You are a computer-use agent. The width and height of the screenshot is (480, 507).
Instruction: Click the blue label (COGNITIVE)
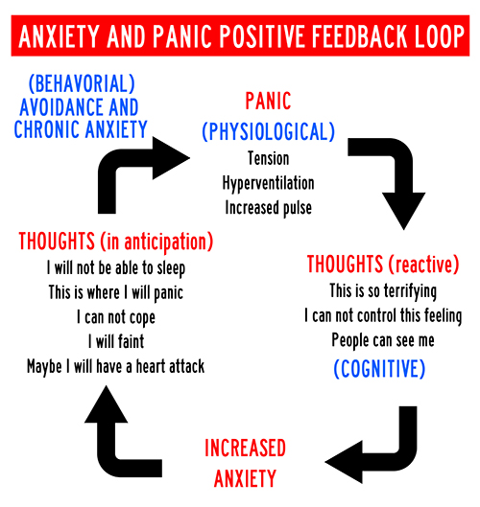(x=379, y=369)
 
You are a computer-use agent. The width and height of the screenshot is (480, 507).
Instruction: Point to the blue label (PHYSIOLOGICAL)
(x=268, y=131)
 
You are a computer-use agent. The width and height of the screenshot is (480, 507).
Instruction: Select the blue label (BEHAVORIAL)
(x=82, y=83)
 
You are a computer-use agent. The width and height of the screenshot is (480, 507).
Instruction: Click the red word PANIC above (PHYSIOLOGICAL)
(x=268, y=101)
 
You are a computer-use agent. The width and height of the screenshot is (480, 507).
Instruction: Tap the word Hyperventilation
(x=268, y=183)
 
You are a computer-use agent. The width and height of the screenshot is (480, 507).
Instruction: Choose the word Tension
(x=269, y=158)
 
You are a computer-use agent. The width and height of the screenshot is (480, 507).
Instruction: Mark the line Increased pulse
(x=269, y=208)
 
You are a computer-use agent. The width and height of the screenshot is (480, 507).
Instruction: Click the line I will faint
(x=116, y=341)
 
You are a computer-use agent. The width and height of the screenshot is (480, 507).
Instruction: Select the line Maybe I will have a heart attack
(x=115, y=367)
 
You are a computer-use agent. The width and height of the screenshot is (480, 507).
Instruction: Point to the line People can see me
(x=383, y=340)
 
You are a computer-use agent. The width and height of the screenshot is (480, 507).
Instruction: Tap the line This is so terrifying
(x=383, y=291)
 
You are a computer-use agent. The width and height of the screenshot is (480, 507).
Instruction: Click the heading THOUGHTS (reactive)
(x=383, y=265)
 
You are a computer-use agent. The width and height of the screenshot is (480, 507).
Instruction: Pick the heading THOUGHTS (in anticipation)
(x=116, y=242)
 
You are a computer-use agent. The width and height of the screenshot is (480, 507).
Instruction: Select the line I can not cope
(x=116, y=317)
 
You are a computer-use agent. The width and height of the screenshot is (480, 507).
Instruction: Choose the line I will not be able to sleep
(x=116, y=268)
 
